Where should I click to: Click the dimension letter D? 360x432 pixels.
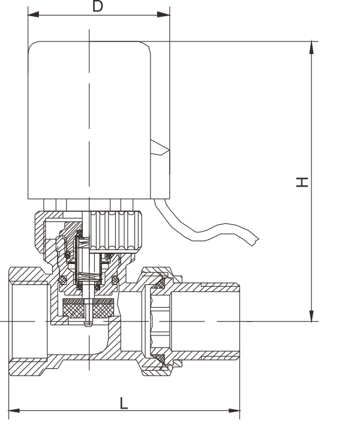click(x=97, y=7)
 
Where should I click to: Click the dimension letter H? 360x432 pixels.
click(x=304, y=181)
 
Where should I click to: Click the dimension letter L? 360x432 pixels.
click(x=124, y=403)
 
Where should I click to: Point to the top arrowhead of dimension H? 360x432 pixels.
click(x=311, y=46)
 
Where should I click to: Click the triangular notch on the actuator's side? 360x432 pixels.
click(x=158, y=148)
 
